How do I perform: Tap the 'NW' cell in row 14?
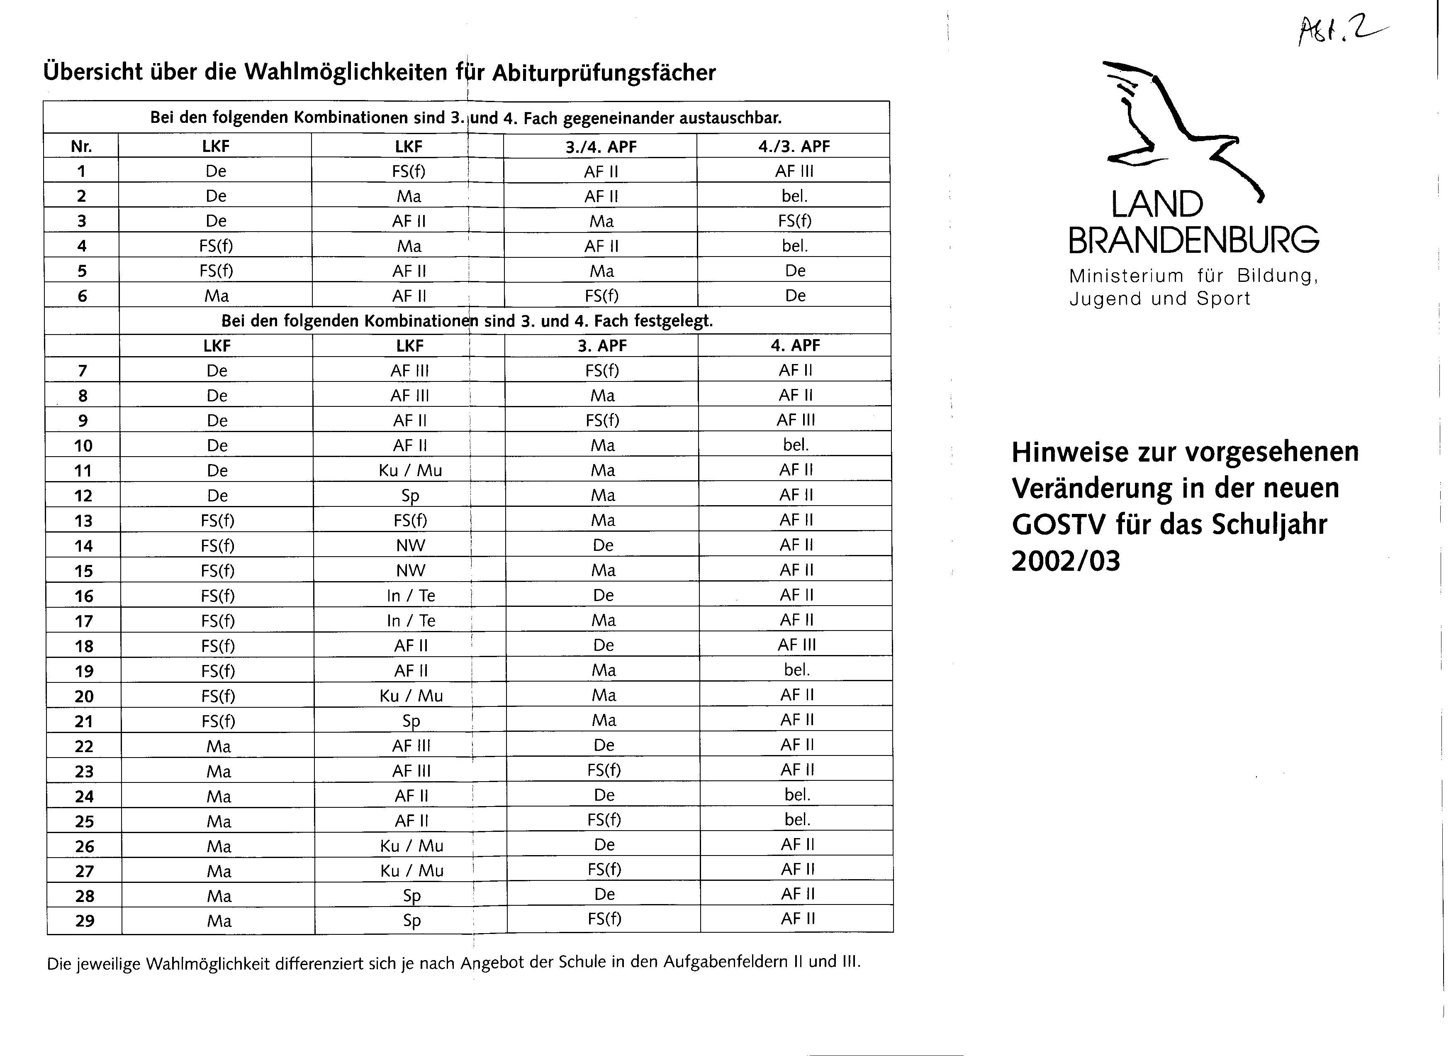tap(410, 545)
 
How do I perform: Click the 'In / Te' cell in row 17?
tap(411, 621)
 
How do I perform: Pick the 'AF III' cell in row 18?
tap(797, 645)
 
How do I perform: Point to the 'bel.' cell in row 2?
tap(794, 196)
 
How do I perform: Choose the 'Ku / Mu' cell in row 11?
tap(410, 471)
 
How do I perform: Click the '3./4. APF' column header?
tap(601, 147)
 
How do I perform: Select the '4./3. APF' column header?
tap(794, 147)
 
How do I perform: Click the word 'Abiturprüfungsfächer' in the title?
tap(604, 73)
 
